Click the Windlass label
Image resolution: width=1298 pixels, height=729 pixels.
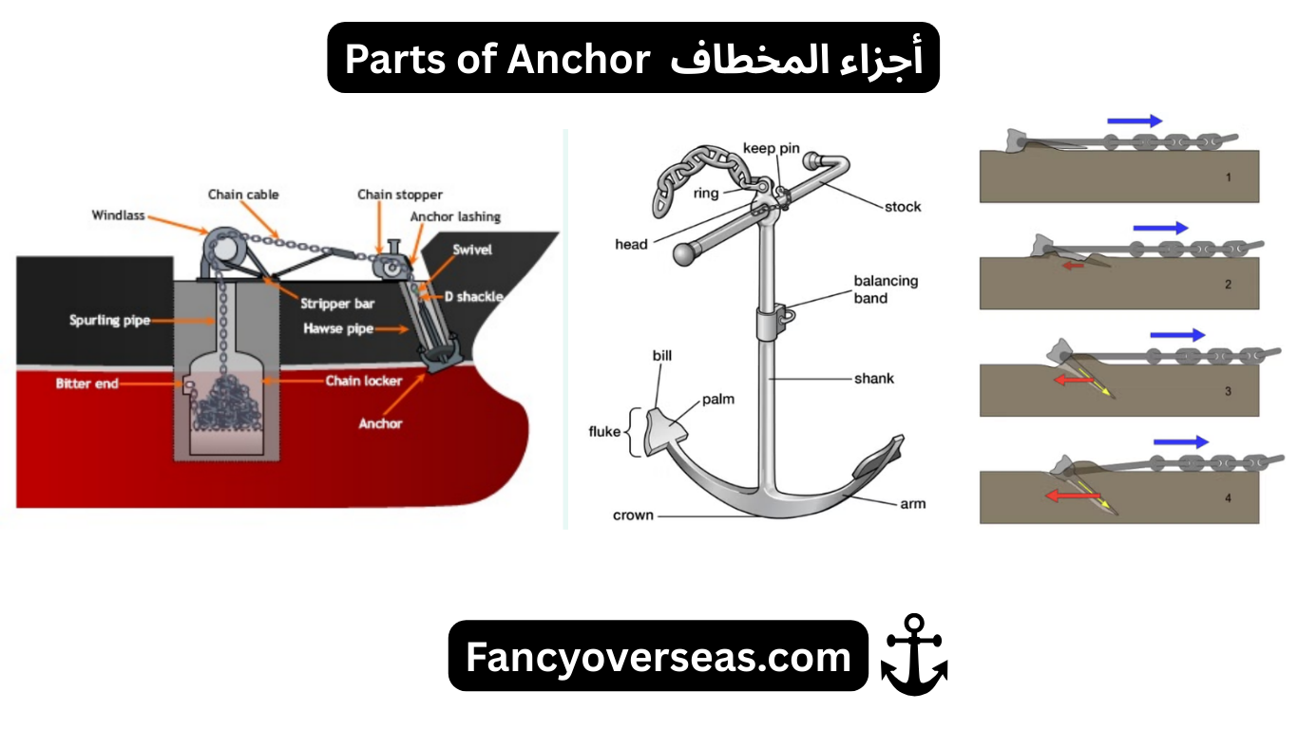click(119, 215)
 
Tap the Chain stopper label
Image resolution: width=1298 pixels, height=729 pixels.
click(400, 195)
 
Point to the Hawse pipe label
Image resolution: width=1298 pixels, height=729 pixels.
click(338, 329)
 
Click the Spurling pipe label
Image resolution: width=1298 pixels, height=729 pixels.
click(109, 320)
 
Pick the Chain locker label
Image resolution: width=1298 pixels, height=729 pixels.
click(364, 381)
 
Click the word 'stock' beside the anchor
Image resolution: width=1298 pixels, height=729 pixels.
click(902, 207)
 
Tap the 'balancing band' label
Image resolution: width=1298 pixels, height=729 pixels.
click(886, 290)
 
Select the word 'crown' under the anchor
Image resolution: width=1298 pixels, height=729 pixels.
click(633, 515)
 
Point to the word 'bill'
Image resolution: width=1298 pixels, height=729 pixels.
click(662, 356)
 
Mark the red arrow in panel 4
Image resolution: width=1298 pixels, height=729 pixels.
click(1067, 495)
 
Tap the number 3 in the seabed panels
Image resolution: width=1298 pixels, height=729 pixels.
click(1228, 390)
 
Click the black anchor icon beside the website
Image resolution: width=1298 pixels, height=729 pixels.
click(914, 655)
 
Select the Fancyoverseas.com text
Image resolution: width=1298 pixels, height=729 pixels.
click(658, 656)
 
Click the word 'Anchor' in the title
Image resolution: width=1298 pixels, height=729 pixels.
click(577, 58)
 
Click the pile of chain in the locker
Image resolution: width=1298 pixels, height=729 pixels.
click(226, 402)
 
